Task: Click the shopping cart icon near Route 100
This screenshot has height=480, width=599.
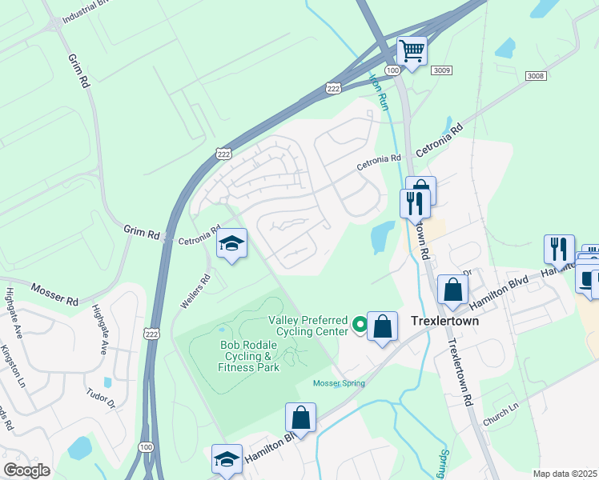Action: [x=412, y=51]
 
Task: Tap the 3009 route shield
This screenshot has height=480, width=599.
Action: [x=441, y=71]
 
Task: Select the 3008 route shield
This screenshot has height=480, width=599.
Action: [x=536, y=75]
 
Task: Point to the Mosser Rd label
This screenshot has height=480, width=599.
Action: [x=54, y=294]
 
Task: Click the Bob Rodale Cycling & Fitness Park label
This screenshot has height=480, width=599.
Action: [x=249, y=356]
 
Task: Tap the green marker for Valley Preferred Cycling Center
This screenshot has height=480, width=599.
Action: [x=360, y=325]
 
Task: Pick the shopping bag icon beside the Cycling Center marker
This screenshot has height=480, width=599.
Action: [x=383, y=326]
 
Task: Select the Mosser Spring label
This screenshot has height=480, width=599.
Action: [x=339, y=383]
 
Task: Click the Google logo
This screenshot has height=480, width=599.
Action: [x=26, y=470]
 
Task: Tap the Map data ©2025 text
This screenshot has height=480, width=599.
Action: [x=565, y=474]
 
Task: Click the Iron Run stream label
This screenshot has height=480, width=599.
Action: [x=377, y=90]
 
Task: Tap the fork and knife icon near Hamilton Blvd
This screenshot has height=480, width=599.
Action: [x=559, y=249]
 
